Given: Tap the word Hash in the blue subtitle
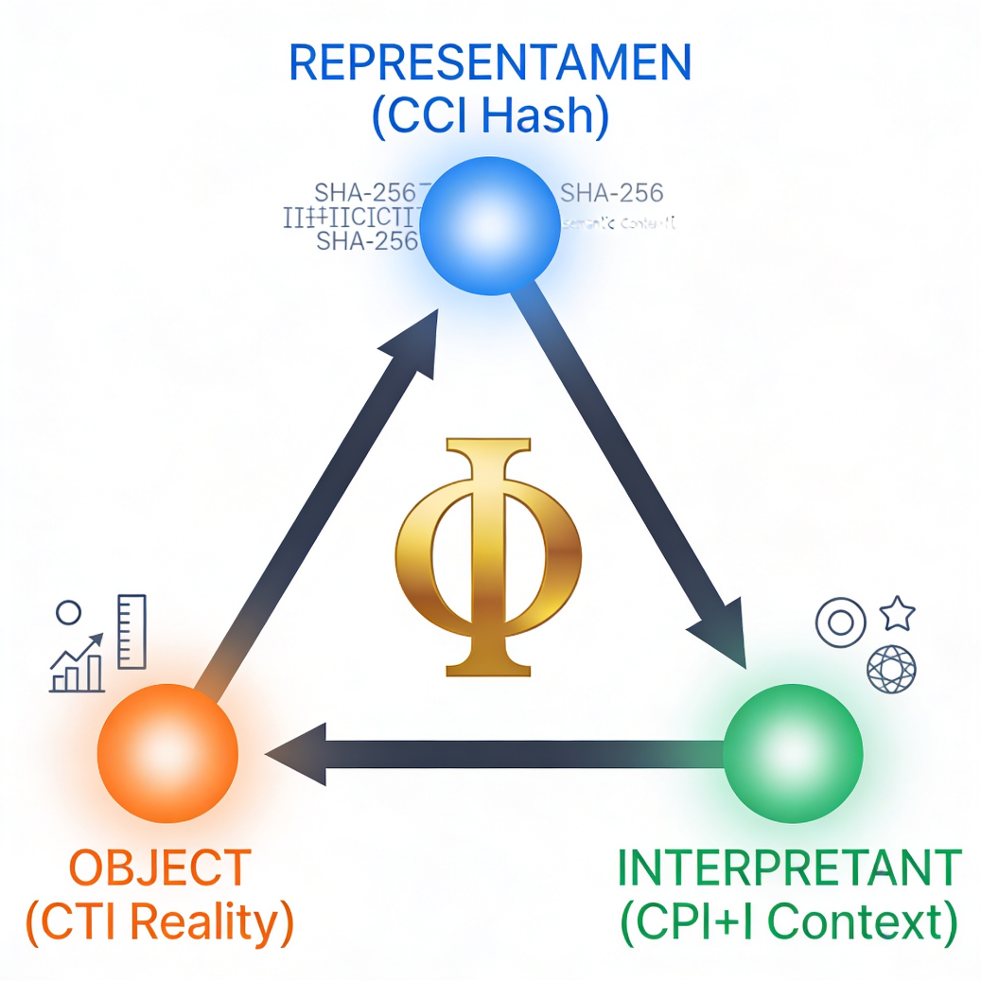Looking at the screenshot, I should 550,117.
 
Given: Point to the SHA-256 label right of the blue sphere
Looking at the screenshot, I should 612,193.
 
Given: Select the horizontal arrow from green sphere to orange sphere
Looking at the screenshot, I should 492,754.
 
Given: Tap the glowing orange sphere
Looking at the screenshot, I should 166,752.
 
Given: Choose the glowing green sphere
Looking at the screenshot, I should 793,753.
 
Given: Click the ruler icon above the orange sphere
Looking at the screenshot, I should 131,631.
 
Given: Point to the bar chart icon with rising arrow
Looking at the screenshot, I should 77,664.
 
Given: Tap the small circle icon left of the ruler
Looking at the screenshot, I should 68,613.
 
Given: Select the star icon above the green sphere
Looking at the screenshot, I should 898,615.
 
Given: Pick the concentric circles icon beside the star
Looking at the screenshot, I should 841,622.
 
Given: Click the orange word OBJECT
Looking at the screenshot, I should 161,867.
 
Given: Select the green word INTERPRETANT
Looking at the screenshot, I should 789,867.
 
